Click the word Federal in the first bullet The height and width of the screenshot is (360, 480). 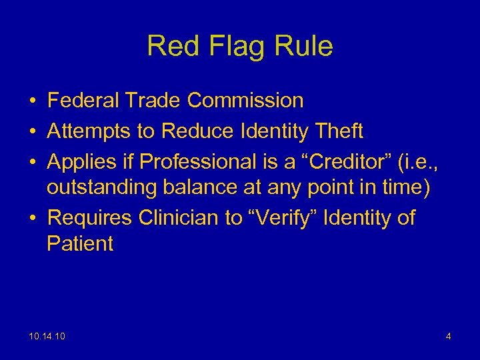coord(83,101)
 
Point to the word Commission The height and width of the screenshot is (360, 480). coord(245,101)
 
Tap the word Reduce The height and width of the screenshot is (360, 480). coord(193,131)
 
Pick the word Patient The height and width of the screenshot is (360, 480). coord(80,243)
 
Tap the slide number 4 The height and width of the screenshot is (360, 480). coord(449,337)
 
